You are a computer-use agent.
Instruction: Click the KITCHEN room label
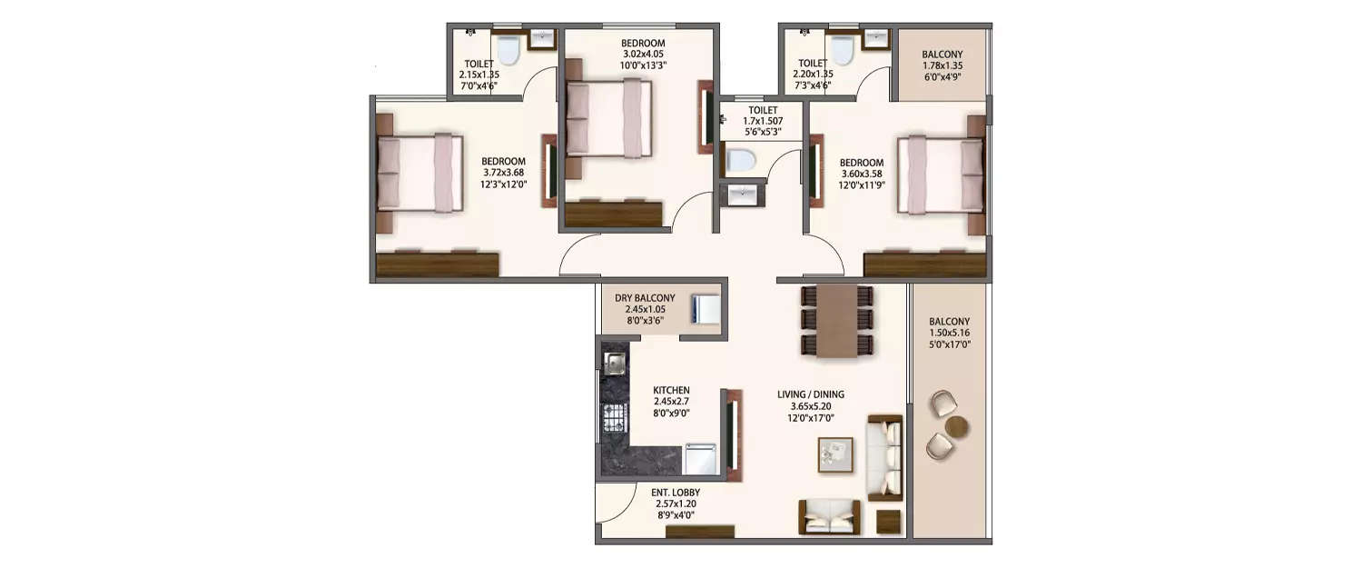671,389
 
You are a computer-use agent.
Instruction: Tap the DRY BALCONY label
645,298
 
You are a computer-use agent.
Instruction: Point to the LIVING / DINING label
811,394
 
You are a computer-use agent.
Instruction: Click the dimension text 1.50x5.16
949,334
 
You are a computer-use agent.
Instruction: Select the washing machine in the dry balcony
705,309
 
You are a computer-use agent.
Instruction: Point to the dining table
836,320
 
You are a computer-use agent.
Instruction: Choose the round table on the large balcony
957,426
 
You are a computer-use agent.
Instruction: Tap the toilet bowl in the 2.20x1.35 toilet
842,51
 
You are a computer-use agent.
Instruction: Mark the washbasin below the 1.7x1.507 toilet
741,194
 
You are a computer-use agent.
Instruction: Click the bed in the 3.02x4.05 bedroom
608,118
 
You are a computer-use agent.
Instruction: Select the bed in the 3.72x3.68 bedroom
419,173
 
